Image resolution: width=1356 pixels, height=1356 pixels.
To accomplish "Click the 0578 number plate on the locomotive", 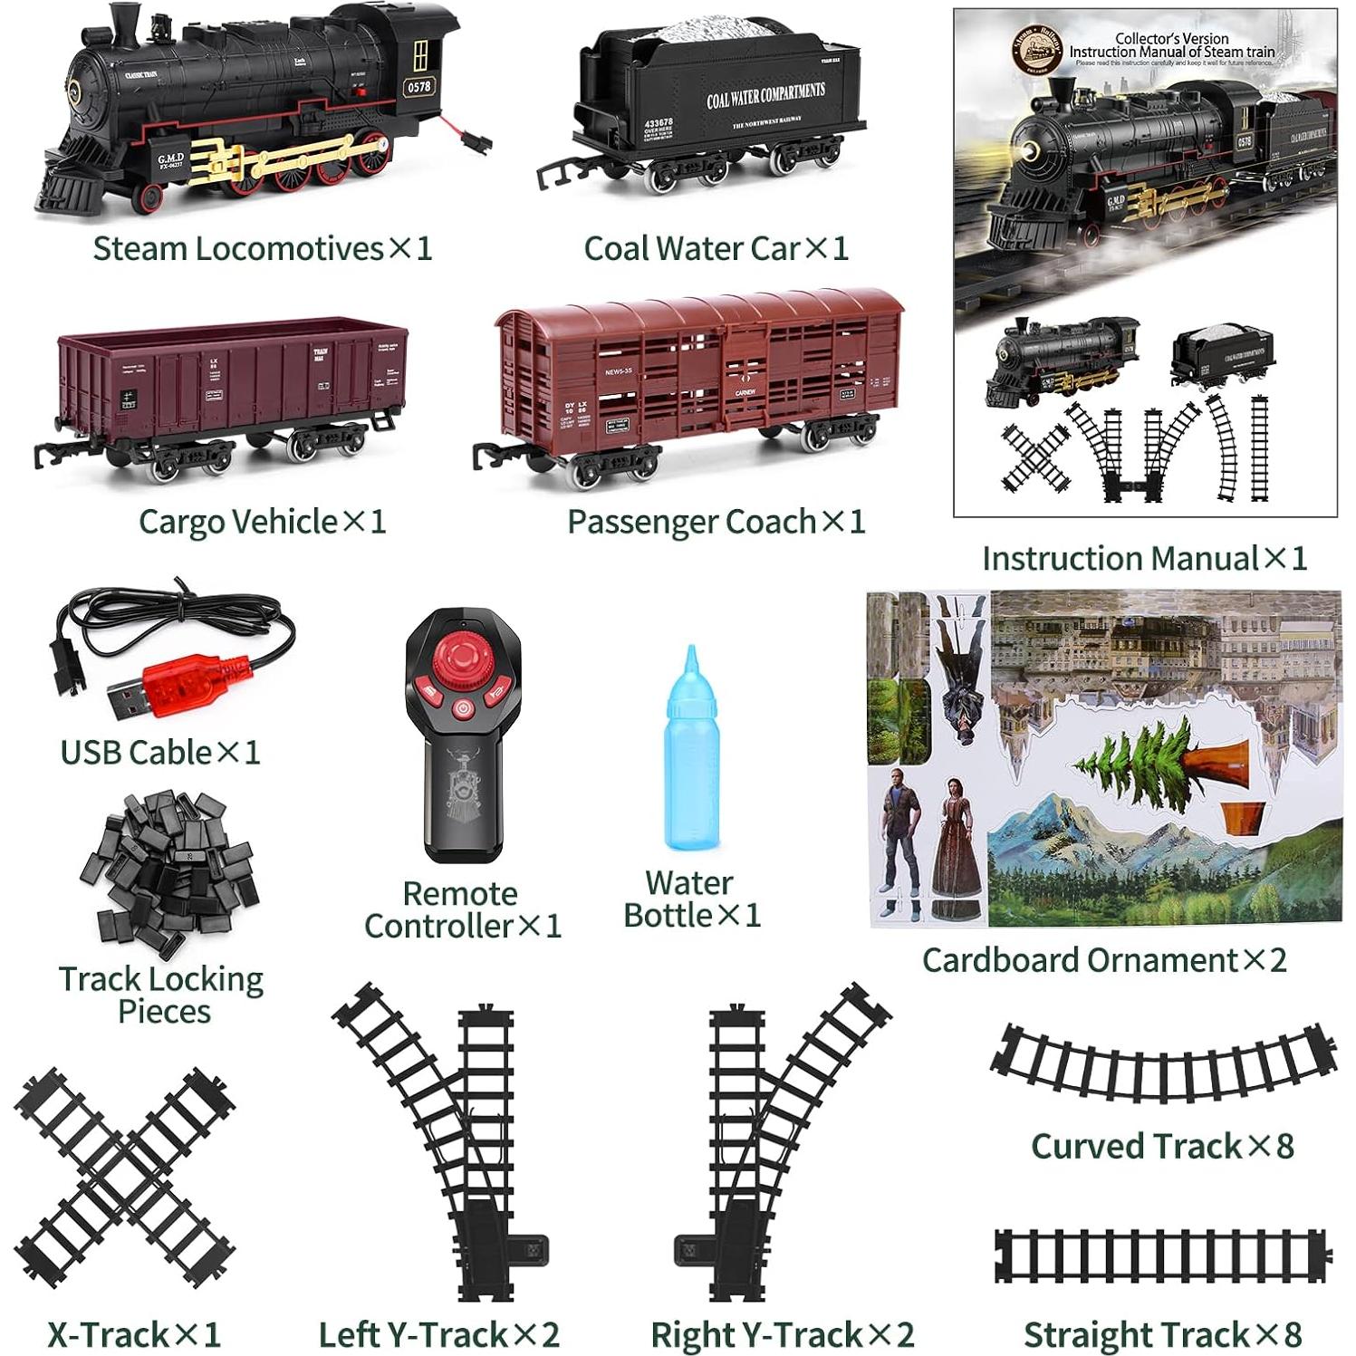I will [418, 87].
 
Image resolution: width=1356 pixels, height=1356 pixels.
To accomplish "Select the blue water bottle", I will [692, 756].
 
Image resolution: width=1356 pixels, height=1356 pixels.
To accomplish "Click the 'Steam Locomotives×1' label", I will [263, 248].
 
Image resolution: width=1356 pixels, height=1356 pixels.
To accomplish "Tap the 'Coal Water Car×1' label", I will [716, 248].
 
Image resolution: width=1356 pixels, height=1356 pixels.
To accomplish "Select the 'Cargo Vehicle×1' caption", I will [263, 522].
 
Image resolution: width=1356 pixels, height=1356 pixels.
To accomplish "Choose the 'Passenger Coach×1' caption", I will [716, 522].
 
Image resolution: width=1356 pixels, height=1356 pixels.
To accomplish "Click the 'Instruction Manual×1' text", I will [1145, 558].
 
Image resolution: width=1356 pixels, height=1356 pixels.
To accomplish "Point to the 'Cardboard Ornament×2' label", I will [1104, 960].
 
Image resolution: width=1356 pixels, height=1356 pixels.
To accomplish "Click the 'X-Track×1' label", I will [134, 1334].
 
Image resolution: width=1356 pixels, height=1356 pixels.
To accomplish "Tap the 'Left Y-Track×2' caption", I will [439, 1334].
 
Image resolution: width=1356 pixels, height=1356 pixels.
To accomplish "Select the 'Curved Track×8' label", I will [1162, 1146].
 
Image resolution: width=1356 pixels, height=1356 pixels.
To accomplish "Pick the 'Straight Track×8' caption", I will [1162, 1334].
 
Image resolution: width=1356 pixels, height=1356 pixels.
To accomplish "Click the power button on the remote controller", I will [463, 708].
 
